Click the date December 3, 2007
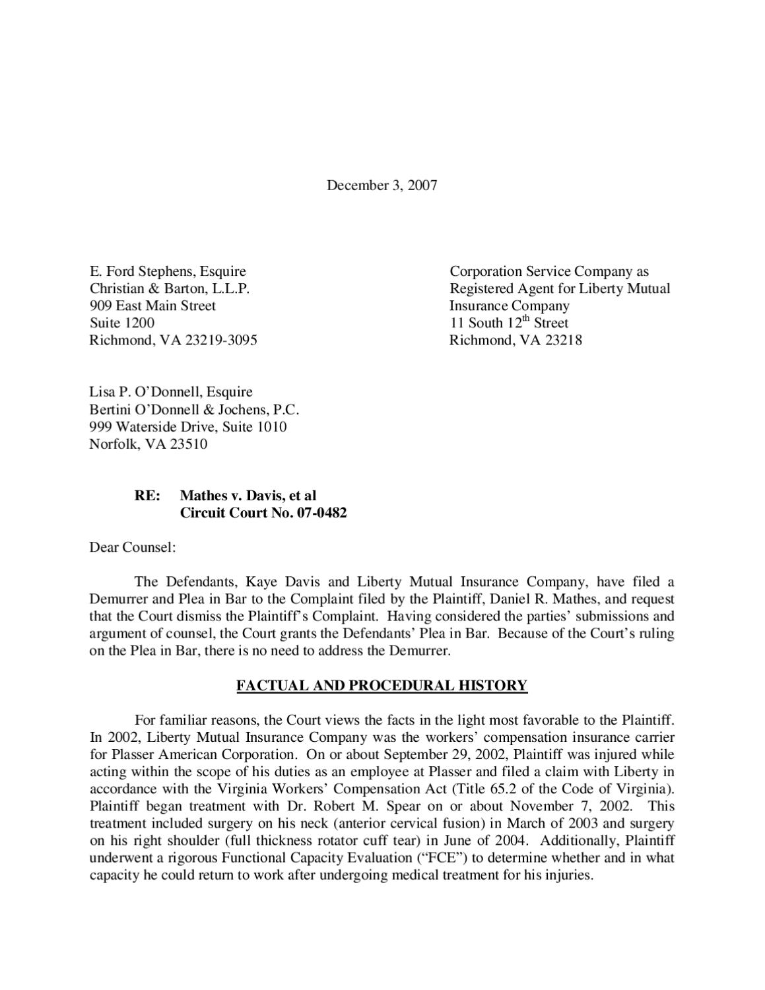click(382, 185)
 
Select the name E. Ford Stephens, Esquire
click(168, 271)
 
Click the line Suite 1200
click(122, 323)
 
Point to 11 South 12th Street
click(508, 323)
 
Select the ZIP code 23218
click(563, 340)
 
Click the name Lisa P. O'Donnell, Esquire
click(170, 392)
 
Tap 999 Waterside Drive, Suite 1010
click(187, 426)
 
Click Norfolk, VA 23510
click(148, 444)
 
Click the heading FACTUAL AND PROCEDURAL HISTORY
click(382, 686)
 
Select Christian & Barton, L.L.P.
click(170, 288)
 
